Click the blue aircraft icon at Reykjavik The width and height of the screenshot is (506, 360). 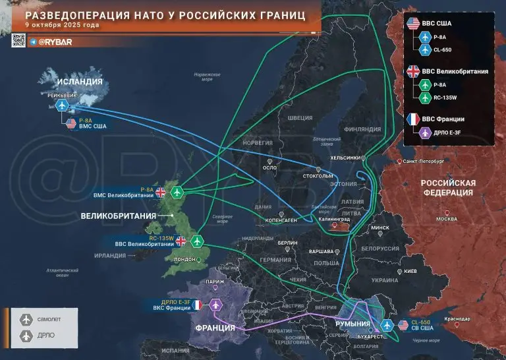click(63, 105)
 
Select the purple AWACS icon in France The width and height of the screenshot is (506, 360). click(215, 305)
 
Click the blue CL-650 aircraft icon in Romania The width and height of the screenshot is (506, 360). click(386, 326)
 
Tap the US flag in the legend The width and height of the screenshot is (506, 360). click(414, 24)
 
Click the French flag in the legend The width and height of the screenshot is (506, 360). click(414, 119)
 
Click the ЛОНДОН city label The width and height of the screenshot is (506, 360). click(184, 259)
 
